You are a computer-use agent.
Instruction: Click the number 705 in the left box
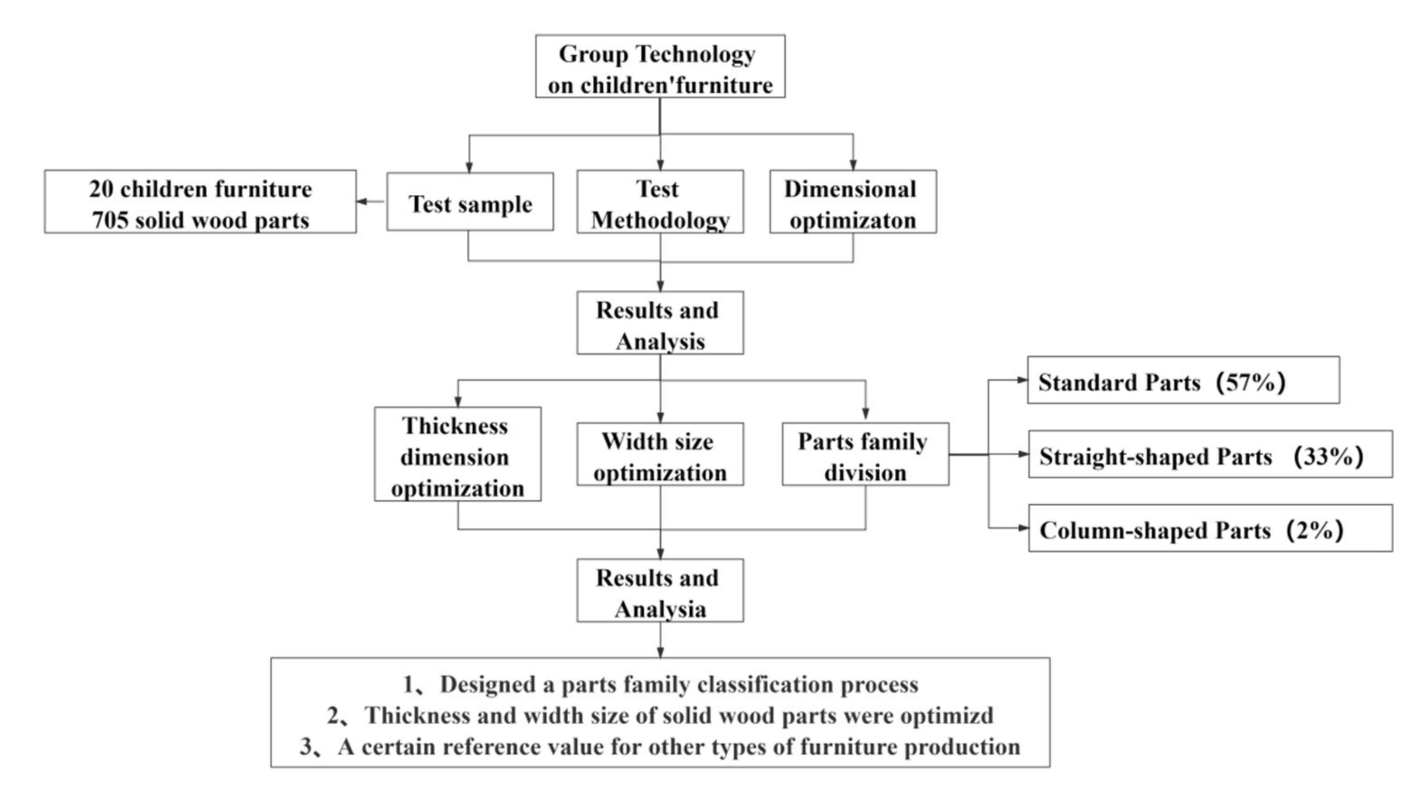click(x=109, y=221)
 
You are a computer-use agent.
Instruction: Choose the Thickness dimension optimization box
click(x=457, y=454)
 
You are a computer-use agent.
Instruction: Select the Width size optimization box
click(x=660, y=454)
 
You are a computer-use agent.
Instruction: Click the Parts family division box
click(x=865, y=454)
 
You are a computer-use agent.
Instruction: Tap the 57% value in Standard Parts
click(x=1250, y=382)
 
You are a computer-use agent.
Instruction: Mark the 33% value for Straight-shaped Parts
click(x=1328, y=456)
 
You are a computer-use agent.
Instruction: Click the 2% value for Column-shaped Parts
click(x=1314, y=530)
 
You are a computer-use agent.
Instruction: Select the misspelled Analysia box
click(x=660, y=591)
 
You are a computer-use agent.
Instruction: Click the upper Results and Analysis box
click(x=660, y=323)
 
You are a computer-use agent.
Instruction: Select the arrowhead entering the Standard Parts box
click(x=1021, y=380)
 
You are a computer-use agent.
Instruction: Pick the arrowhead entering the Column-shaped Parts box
click(x=1023, y=528)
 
